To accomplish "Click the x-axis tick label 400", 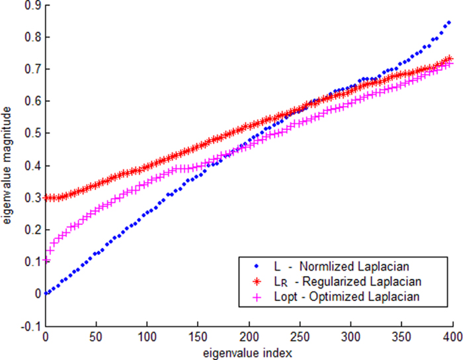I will pos(453,337).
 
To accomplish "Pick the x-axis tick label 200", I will pos(249,337).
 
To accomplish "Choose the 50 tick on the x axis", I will pos(97,337).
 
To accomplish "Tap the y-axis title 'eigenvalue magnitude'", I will pos(8,165).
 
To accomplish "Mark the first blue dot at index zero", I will pos(46,293).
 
